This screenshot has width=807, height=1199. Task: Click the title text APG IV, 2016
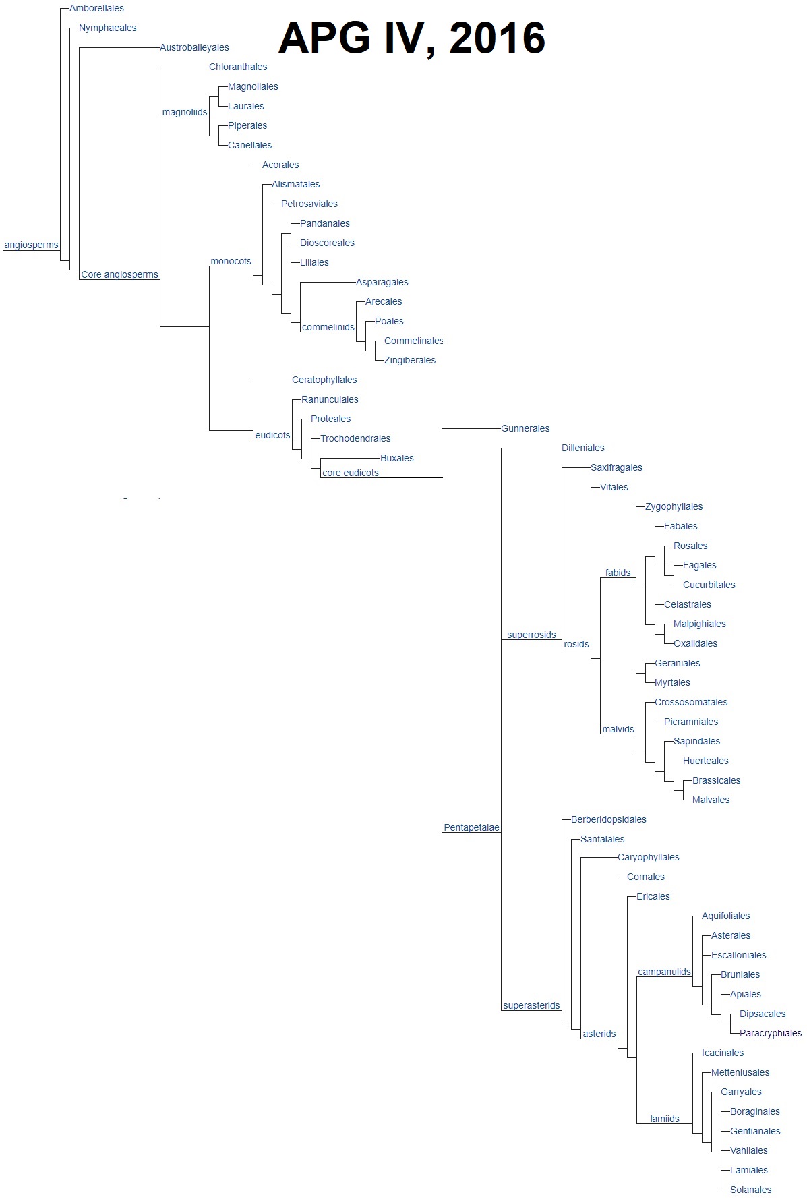[x=411, y=38]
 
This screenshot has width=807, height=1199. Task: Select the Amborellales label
[x=96, y=9]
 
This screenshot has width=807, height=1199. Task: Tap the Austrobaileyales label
[x=194, y=48]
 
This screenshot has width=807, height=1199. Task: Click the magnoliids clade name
[x=185, y=113]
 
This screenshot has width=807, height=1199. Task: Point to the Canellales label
[x=249, y=146]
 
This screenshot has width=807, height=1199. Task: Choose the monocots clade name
[x=231, y=262]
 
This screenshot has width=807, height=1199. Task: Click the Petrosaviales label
[x=309, y=204]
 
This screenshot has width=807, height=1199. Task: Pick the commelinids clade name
[x=328, y=328]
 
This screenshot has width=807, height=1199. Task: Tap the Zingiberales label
[x=410, y=361]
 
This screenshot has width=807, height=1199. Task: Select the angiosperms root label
[x=31, y=245]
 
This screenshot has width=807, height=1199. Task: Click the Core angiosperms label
[x=119, y=275]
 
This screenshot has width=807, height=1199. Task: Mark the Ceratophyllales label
[x=324, y=380]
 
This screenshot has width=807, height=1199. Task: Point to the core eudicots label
[x=351, y=473]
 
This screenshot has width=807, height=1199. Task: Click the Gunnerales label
[x=525, y=429]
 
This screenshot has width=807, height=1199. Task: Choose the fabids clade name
[x=618, y=573]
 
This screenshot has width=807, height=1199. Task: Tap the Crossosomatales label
[x=691, y=703]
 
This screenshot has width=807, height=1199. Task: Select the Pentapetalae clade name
[x=471, y=828]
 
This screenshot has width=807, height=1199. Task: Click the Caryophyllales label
[x=648, y=858]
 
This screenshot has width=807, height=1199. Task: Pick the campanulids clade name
[x=664, y=972]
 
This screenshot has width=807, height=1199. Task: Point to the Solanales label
[x=750, y=1190]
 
